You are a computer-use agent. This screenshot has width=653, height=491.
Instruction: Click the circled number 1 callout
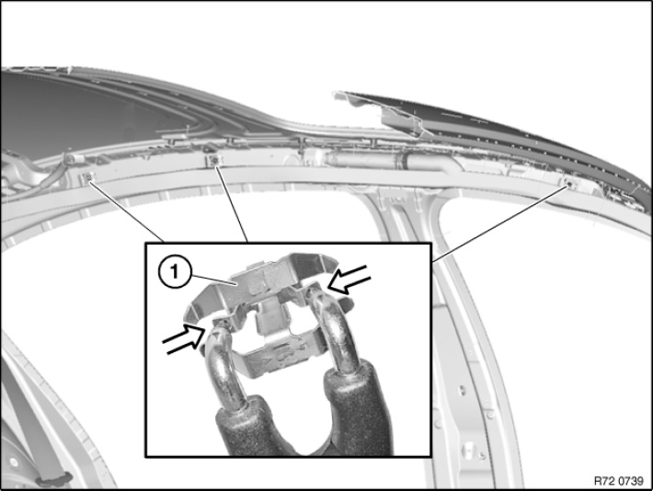175,272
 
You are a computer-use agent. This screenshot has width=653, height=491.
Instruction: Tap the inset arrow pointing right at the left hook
183,339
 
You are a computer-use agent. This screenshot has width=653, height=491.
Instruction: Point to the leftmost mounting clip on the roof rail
88,177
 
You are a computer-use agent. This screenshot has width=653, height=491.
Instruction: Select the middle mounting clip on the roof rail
213,159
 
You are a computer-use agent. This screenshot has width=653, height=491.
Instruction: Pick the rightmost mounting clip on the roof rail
567,182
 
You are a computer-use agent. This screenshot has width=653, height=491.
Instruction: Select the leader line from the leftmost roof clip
126,211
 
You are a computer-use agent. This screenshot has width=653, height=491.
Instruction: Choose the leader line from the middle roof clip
231,203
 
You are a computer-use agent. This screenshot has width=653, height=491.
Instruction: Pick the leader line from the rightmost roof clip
498,224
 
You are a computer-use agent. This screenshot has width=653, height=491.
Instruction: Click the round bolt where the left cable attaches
71,159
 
